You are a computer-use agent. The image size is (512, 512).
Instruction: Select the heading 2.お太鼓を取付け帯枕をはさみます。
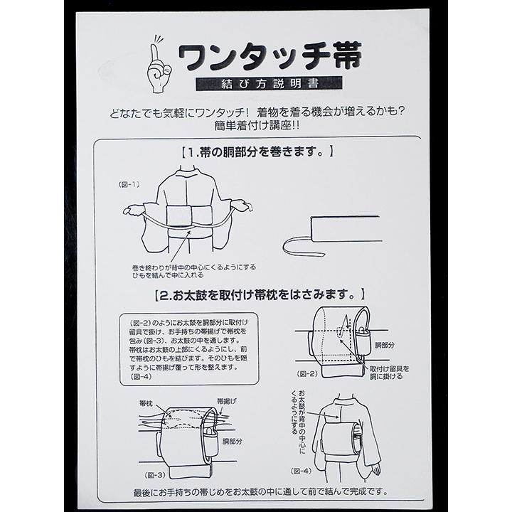(x=260, y=293)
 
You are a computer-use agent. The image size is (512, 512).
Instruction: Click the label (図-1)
(x=129, y=184)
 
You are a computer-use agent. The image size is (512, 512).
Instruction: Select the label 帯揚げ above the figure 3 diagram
(x=227, y=401)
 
